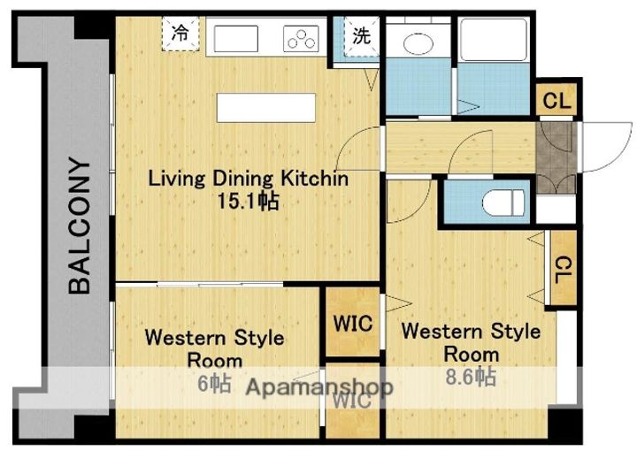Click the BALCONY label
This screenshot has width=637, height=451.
pyautogui.click(x=81, y=225)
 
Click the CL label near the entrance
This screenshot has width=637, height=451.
pyautogui.click(x=556, y=101)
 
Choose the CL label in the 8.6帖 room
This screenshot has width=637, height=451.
pyautogui.click(x=562, y=268)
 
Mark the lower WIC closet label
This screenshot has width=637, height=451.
pyautogui.click(x=351, y=399)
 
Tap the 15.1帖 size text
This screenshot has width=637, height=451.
pyautogui.click(x=248, y=202)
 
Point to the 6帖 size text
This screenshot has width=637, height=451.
pyautogui.click(x=215, y=385)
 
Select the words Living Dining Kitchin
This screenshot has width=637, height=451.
pyautogui.click(x=248, y=179)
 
